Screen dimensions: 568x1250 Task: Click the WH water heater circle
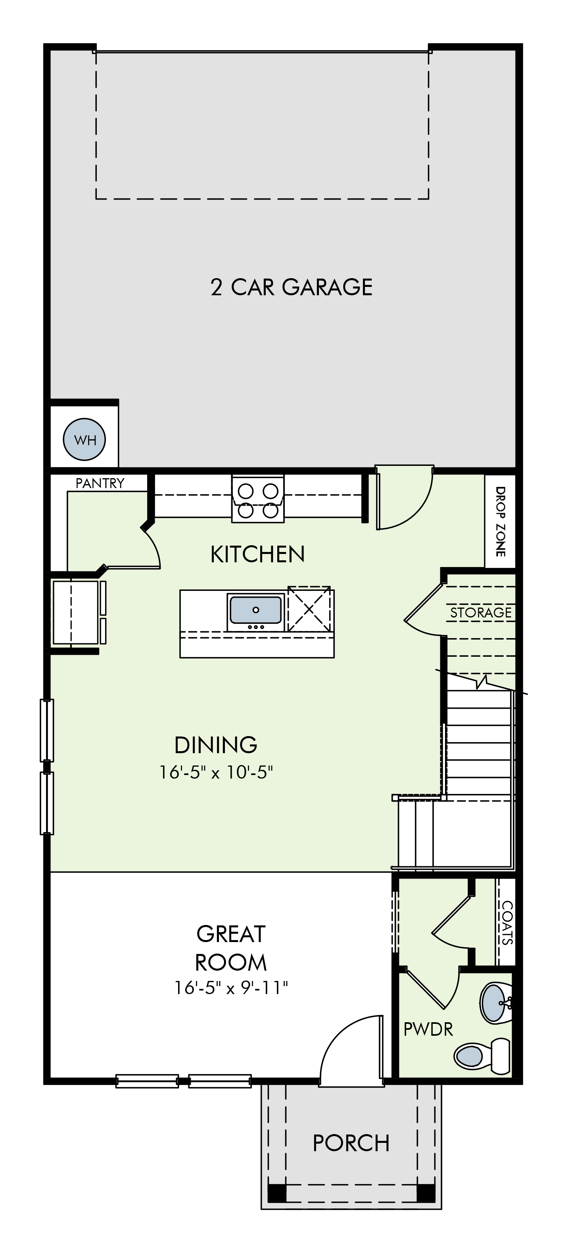(84, 440)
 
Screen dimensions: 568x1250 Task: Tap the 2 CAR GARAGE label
(292, 287)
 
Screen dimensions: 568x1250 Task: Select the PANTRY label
(100, 483)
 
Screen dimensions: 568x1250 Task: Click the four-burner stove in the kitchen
(257, 499)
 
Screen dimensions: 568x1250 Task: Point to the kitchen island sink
(255, 612)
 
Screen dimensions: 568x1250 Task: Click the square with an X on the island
(309, 609)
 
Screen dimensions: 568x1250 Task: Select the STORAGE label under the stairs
(481, 612)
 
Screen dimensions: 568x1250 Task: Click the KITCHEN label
(257, 554)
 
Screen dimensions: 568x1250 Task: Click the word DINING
(216, 745)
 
